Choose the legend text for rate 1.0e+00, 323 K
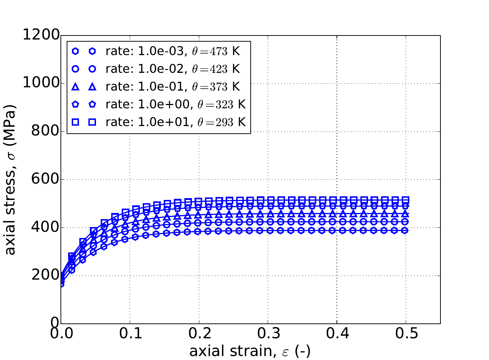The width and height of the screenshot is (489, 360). tap(175, 105)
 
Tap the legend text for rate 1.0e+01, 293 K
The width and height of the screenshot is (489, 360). tap(175, 122)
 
